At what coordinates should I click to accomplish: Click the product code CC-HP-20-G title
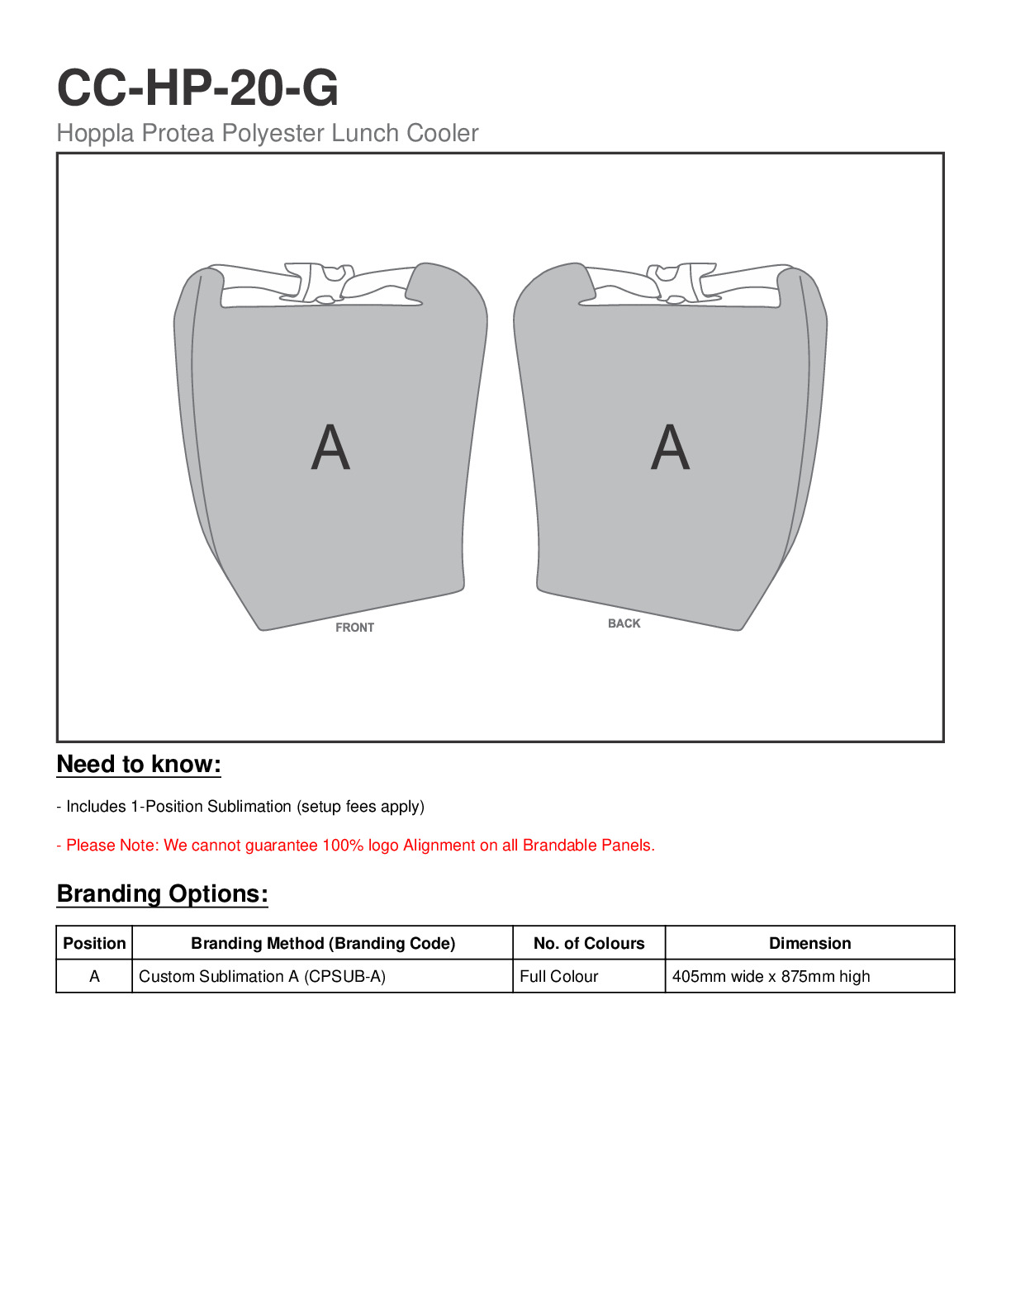pos(197,88)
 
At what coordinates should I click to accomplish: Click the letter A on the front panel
pos(330,448)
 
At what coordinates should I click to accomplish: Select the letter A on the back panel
pos(670,448)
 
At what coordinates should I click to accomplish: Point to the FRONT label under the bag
pos(354,628)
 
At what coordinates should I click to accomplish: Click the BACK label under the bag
pos(624,623)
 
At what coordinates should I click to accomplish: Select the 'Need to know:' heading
pos(139,765)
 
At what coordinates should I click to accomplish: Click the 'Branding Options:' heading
pos(162,894)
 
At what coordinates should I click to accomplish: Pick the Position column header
pos(94,943)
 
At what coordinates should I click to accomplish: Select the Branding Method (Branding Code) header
pos(323,943)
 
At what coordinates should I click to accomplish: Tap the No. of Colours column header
pos(589,943)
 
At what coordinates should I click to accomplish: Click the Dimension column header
pos(809,943)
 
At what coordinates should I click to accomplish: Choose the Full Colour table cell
pos(559,976)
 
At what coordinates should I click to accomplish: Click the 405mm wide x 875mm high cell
pos(771,976)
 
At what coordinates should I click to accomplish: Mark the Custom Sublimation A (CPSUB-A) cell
pos(262,976)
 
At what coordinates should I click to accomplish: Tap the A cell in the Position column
pos(94,976)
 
